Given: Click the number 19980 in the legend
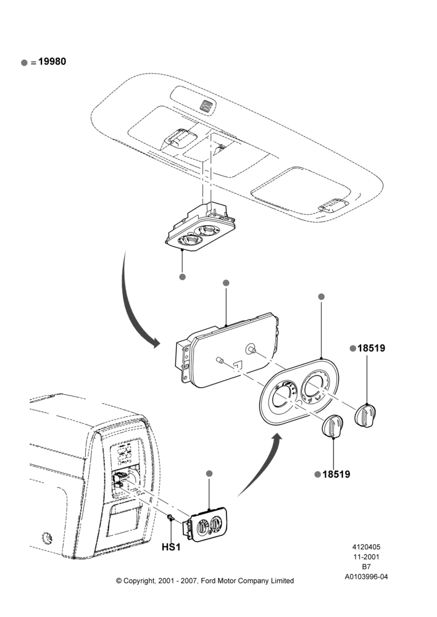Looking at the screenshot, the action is click(52, 61).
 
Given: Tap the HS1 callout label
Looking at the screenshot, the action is click(171, 547).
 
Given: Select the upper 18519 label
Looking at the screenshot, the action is click(371, 348).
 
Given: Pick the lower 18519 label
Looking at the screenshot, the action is click(336, 474).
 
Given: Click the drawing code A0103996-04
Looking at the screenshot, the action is click(366, 577).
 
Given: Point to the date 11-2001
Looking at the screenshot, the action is click(366, 557).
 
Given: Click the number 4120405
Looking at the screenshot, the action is click(366, 547).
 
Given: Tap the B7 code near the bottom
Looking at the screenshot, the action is click(366, 566).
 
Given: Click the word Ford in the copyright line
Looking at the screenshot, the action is click(209, 581).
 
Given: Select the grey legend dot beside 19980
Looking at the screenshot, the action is click(25, 62).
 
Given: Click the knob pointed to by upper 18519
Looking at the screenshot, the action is click(365, 415).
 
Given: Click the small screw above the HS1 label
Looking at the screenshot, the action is click(170, 518).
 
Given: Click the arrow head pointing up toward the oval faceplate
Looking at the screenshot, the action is click(277, 439).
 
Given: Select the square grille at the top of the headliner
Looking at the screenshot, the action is click(206, 105).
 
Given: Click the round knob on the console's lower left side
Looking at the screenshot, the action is click(48, 537).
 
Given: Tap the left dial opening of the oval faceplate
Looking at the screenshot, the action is click(282, 401).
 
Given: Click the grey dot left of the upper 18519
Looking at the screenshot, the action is click(353, 348).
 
